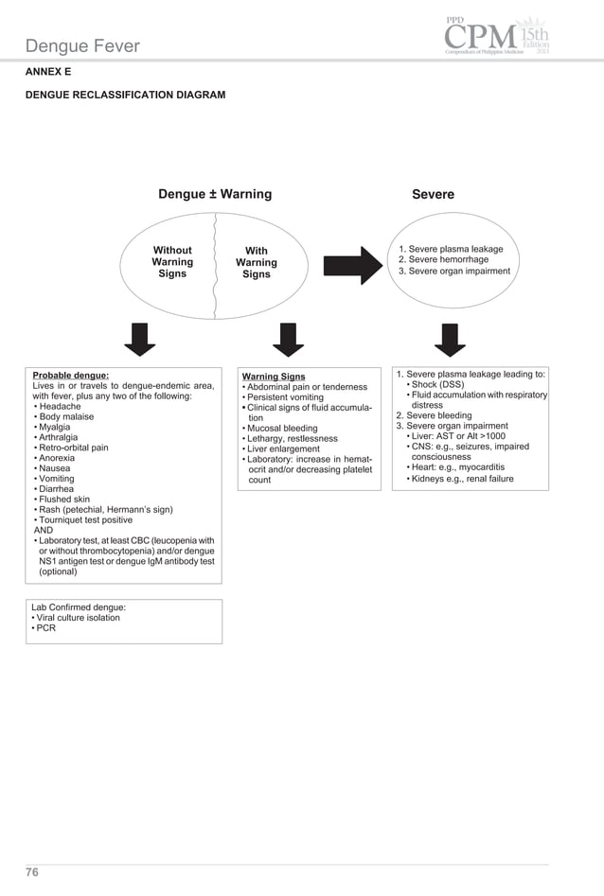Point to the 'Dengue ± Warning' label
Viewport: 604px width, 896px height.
coord(214,194)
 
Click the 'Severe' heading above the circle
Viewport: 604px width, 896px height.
coord(433,194)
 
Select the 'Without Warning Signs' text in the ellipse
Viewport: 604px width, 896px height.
coord(172,262)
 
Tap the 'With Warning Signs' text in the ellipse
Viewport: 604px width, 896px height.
coord(256,263)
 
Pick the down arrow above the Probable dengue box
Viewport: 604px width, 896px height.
coord(140,339)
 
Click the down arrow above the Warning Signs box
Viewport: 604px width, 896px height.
coord(287,339)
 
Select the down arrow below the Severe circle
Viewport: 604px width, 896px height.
coord(446,339)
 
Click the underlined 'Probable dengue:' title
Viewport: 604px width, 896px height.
coord(71,375)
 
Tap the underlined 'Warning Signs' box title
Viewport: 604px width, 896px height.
coord(274,377)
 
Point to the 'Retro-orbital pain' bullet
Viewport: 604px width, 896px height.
coord(74,448)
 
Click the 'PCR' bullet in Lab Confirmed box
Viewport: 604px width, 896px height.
coord(46,629)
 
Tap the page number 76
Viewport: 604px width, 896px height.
coord(32,872)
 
